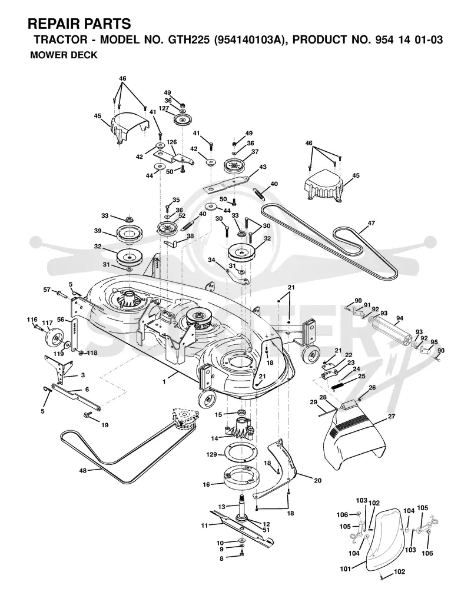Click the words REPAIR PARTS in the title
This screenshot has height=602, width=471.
click(79, 24)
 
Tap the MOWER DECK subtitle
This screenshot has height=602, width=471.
click(64, 55)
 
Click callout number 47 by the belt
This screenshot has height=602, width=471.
click(371, 223)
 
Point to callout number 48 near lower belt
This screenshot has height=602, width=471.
click(83, 471)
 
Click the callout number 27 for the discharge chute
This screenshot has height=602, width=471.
click(392, 416)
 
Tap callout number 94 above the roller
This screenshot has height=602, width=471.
click(400, 318)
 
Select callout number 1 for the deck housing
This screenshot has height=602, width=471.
click(164, 382)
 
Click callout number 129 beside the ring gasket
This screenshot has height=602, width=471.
click(212, 454)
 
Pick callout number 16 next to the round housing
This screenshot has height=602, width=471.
click(206, 484)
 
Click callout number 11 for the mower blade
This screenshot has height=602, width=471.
click(205, 525)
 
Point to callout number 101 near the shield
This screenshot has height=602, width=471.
click(346, 569)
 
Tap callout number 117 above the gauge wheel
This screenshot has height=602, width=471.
click(47, 323)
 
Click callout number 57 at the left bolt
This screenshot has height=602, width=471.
click(47, 290)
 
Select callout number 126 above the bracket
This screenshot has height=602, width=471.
click(171, 142)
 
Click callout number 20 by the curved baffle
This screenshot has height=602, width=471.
click(318, 480)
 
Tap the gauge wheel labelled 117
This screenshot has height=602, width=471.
click(54, 338)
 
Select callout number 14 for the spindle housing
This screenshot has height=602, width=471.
click(214, 438)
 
